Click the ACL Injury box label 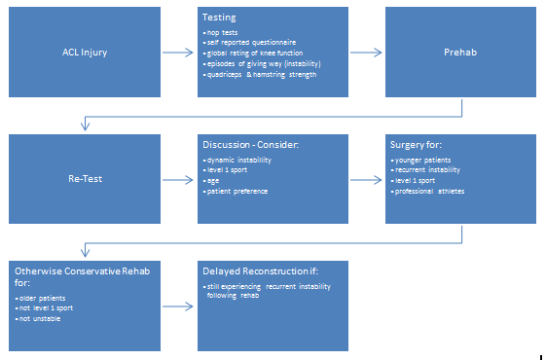(84, 53)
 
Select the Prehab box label (461, 53)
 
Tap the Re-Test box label (84, 179)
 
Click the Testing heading (220, 18)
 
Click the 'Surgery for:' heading (420, 144)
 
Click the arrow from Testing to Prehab (367, 53)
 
